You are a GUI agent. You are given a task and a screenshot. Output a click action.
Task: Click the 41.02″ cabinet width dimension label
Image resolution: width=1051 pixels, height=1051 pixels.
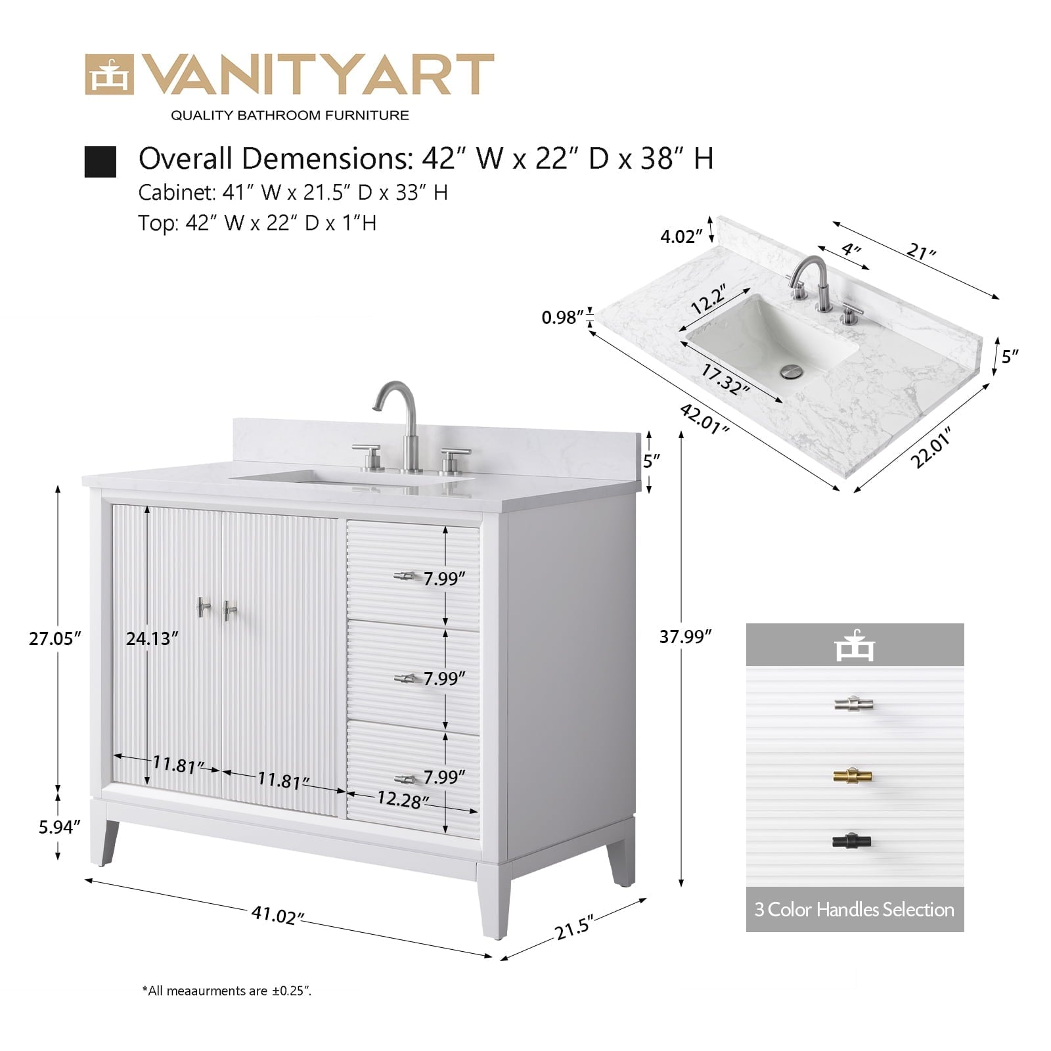click(278, 914)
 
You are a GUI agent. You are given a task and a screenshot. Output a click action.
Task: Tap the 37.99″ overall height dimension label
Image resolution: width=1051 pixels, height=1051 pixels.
click(686, 636)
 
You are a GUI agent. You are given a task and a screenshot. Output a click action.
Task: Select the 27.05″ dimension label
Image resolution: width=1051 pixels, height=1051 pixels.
click(55, 638)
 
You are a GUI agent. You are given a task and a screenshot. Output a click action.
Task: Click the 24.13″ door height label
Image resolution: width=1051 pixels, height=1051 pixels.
click(152, 638)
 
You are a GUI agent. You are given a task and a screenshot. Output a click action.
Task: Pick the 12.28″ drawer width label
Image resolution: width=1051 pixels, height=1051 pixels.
click(403, 799)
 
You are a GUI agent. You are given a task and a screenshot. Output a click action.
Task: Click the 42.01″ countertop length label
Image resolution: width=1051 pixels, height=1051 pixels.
click(704, 419)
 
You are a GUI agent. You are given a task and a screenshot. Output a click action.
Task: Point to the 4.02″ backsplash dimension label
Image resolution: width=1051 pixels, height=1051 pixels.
click(682, 236)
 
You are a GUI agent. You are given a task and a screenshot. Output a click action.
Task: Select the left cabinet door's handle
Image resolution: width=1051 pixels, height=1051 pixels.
click(203, 608)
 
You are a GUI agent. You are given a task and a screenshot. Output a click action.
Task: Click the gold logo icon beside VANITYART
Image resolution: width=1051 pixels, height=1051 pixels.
click(109, 75)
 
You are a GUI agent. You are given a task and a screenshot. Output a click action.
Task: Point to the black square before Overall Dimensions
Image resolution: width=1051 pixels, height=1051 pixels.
click(101, 162)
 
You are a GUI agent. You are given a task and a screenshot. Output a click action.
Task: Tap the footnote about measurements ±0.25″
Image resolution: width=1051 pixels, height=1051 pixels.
click(227, 991)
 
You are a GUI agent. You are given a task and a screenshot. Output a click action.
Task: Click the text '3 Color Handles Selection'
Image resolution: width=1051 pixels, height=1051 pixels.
click(854, 910)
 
